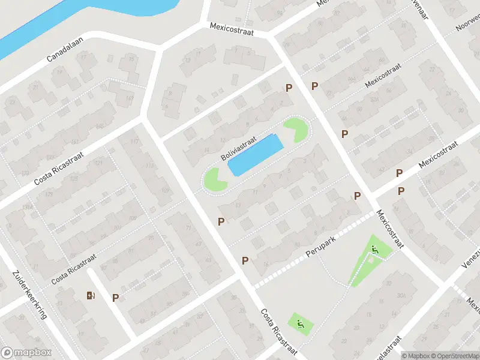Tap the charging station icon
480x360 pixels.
[x=91, y=295]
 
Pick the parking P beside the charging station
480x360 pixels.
[x=115, y=297]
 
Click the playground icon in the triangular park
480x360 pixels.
[x=376, y=250]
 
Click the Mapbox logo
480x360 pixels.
[x=26, y=353]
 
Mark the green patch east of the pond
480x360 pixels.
[x=296, y=129]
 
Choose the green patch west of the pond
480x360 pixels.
[x=214, y=179]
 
